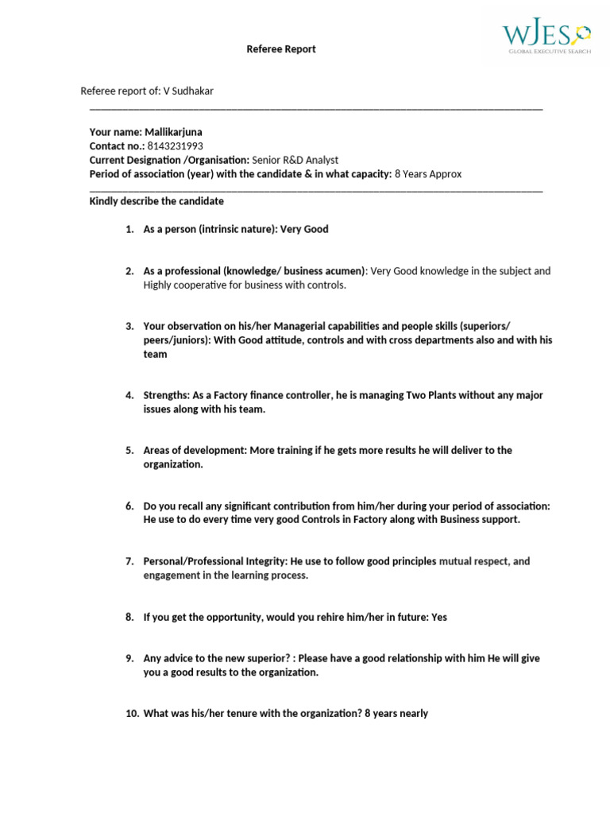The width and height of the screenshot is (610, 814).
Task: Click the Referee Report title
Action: pos(280,49)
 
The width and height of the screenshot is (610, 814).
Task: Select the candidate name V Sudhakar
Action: pos(188,91)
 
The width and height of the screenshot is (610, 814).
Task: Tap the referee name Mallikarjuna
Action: pos(179,132)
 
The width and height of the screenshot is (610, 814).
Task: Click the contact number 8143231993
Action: pos(175,146)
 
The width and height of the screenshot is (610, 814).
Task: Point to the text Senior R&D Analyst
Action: pos(295,160)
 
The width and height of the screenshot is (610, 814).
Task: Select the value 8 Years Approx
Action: pos(427,174)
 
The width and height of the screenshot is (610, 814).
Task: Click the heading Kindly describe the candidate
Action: pos(156,201)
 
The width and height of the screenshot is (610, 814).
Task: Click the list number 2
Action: pos(129,271)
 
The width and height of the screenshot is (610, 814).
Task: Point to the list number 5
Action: pos(129,451)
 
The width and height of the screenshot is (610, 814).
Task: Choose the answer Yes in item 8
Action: pos(438,617)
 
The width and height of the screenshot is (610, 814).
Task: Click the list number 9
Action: pos(129,658)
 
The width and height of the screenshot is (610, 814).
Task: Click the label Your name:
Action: pos(115,132)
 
